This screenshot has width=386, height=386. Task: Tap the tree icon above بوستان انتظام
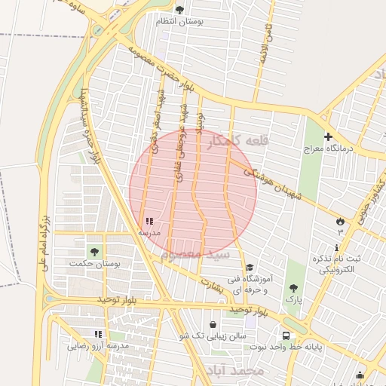tap(179, 10)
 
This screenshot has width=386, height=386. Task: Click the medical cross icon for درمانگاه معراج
tap(328, 136)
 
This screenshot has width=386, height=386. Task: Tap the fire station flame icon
tap(340, 220)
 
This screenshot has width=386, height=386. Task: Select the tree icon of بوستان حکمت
tap(95, 251)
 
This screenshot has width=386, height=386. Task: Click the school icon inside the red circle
tap(149, 222)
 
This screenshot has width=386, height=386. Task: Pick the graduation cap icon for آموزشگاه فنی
tap(250, 267)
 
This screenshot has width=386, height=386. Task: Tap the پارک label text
tap(293, 299)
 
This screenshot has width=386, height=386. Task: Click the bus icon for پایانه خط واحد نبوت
tap(286, 335)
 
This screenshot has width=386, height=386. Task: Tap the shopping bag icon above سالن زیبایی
tap(213, 323)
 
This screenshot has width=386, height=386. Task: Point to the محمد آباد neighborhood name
tap(233, 370)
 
